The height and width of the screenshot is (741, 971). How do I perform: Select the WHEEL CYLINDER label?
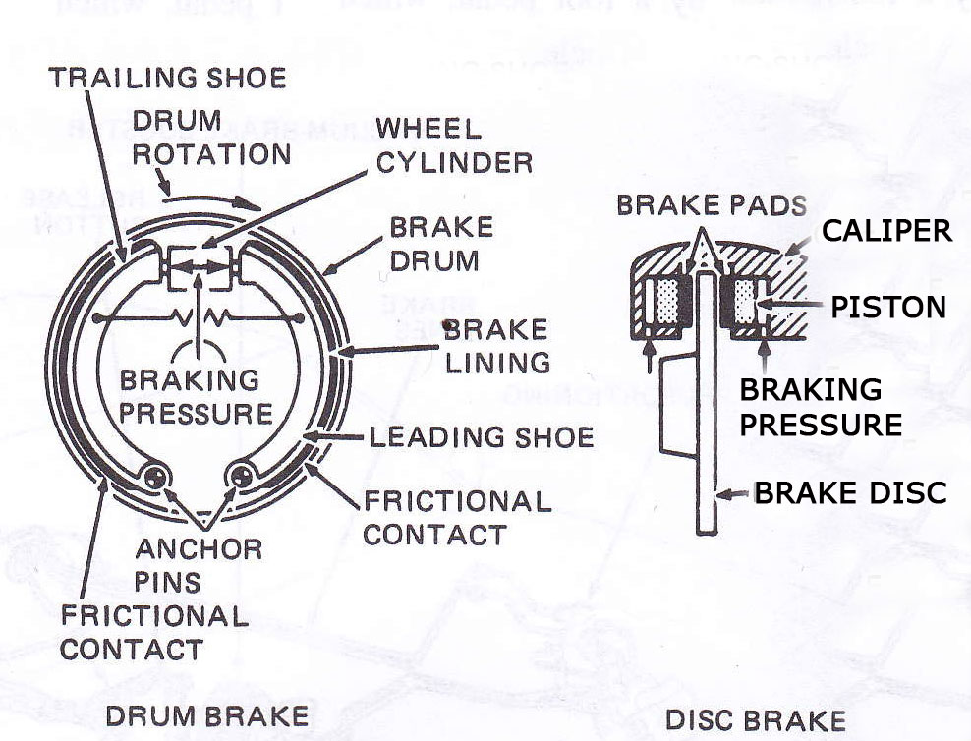click(x=454, y=144)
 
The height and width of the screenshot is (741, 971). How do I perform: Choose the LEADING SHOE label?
click(x=482, y=435)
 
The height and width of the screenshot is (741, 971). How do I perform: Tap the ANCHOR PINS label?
click(x=199, y=564)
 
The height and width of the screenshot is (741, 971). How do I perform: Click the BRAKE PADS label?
click(x=712, y=205)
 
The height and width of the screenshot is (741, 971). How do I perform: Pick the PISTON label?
click(x=887, y=307)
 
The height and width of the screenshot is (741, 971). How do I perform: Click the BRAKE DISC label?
click(x=850, y=492)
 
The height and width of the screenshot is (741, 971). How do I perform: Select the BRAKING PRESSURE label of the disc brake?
click(x=820, y=407)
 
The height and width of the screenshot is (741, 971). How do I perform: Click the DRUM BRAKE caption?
click(x=205, y=715)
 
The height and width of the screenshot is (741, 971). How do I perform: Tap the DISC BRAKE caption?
click(x=755, y=719)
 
